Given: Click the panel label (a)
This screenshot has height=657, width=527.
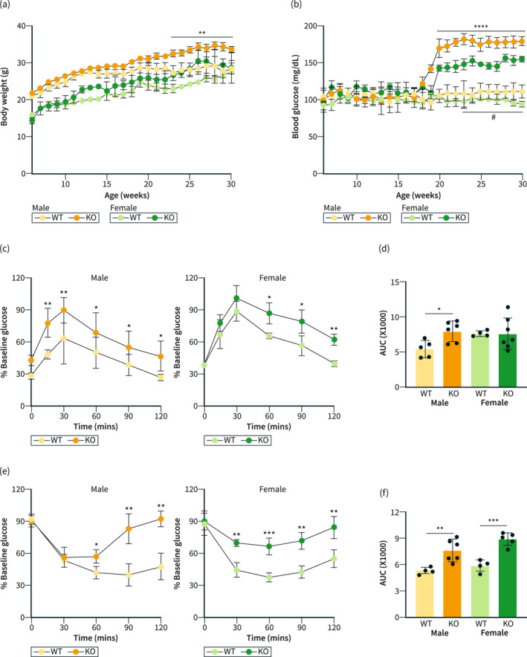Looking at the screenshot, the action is tap(5, 4).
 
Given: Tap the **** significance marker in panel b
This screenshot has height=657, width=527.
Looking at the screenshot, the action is tap(480, 27).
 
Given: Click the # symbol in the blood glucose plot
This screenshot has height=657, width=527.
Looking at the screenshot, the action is tap(493, 117).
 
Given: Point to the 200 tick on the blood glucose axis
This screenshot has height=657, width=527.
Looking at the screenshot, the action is tap(310, 26).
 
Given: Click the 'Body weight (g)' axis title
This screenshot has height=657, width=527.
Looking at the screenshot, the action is tap(4, 97).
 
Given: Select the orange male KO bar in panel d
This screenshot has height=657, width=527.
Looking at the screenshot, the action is tap(453, 359).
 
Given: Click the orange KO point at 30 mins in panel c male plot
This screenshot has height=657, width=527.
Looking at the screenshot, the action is tap(64, 310).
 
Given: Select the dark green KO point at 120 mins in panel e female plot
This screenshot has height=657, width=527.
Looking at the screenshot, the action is tap(334, 527).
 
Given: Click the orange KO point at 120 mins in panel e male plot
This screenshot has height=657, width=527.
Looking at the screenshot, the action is tap(161, 519).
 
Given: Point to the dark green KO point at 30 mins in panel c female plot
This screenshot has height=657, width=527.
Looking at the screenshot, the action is tap(236, 298).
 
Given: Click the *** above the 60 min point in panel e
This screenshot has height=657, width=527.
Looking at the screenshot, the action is tap(269, 534).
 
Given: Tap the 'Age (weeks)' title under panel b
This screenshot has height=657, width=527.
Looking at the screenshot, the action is tap(418, 195).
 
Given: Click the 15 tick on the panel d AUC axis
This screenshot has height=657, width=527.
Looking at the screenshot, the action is tap(395, 282).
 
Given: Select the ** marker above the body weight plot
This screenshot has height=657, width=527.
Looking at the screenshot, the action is tap(202, 33).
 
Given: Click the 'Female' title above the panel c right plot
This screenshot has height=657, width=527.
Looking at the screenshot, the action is tap(272, 278).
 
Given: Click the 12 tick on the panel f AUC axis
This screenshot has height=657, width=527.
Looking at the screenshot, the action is tap(395, 512).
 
